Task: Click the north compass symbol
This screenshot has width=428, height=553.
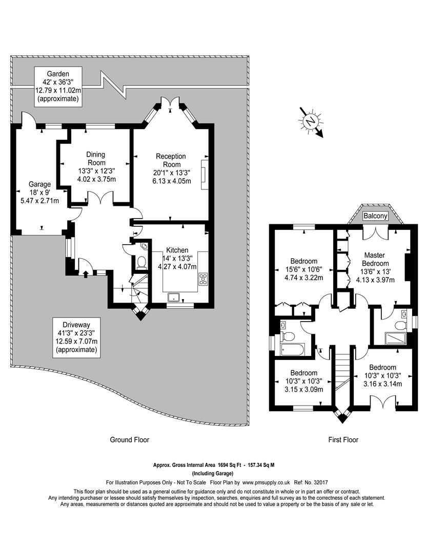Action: [x=311, y=122]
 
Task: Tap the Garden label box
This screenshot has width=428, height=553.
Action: [x=58, y=87]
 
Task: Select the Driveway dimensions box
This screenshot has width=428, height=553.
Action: [x=77, y=337]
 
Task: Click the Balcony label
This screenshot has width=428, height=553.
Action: [x=375, y=216]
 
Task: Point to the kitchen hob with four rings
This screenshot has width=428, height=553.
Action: [x=203, y=279]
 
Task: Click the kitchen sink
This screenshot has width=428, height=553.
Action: [x=174, y=297]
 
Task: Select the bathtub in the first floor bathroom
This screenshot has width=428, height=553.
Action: [x=292, y=350]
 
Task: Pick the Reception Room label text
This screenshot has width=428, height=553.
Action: [x=171, y=160]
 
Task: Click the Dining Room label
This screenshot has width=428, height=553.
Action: [x=96, y=158]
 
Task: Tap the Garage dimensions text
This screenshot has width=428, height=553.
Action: [x=40, y=197]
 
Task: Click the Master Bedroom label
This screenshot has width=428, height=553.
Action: [x=375, y=259]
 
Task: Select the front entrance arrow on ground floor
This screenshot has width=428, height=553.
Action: [x=86, y=273]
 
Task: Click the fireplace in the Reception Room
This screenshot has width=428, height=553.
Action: [x=205, y=175]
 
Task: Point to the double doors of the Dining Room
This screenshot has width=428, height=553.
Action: [x=100, y=198]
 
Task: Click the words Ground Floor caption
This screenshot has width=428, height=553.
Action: [x=130, y=440]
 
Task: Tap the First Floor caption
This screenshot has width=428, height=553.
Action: [x=343, y=440]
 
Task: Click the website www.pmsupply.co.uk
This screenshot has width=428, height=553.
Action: [x=266, y=482]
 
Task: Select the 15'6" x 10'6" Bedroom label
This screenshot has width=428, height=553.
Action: [x=304, y=269]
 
